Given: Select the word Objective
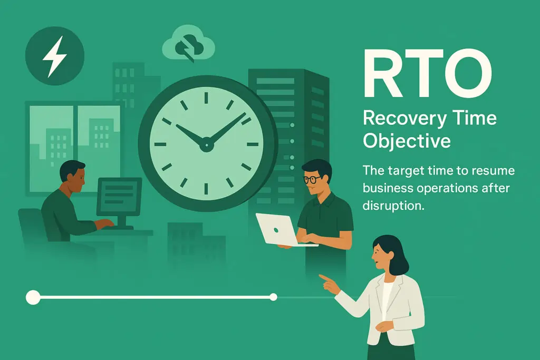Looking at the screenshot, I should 407,141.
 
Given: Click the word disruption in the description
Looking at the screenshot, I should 393,206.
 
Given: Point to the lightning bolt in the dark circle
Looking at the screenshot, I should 54,56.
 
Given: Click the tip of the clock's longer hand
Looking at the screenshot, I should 244,114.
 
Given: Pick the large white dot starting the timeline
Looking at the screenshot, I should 33,297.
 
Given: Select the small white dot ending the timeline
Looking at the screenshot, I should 273,297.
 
